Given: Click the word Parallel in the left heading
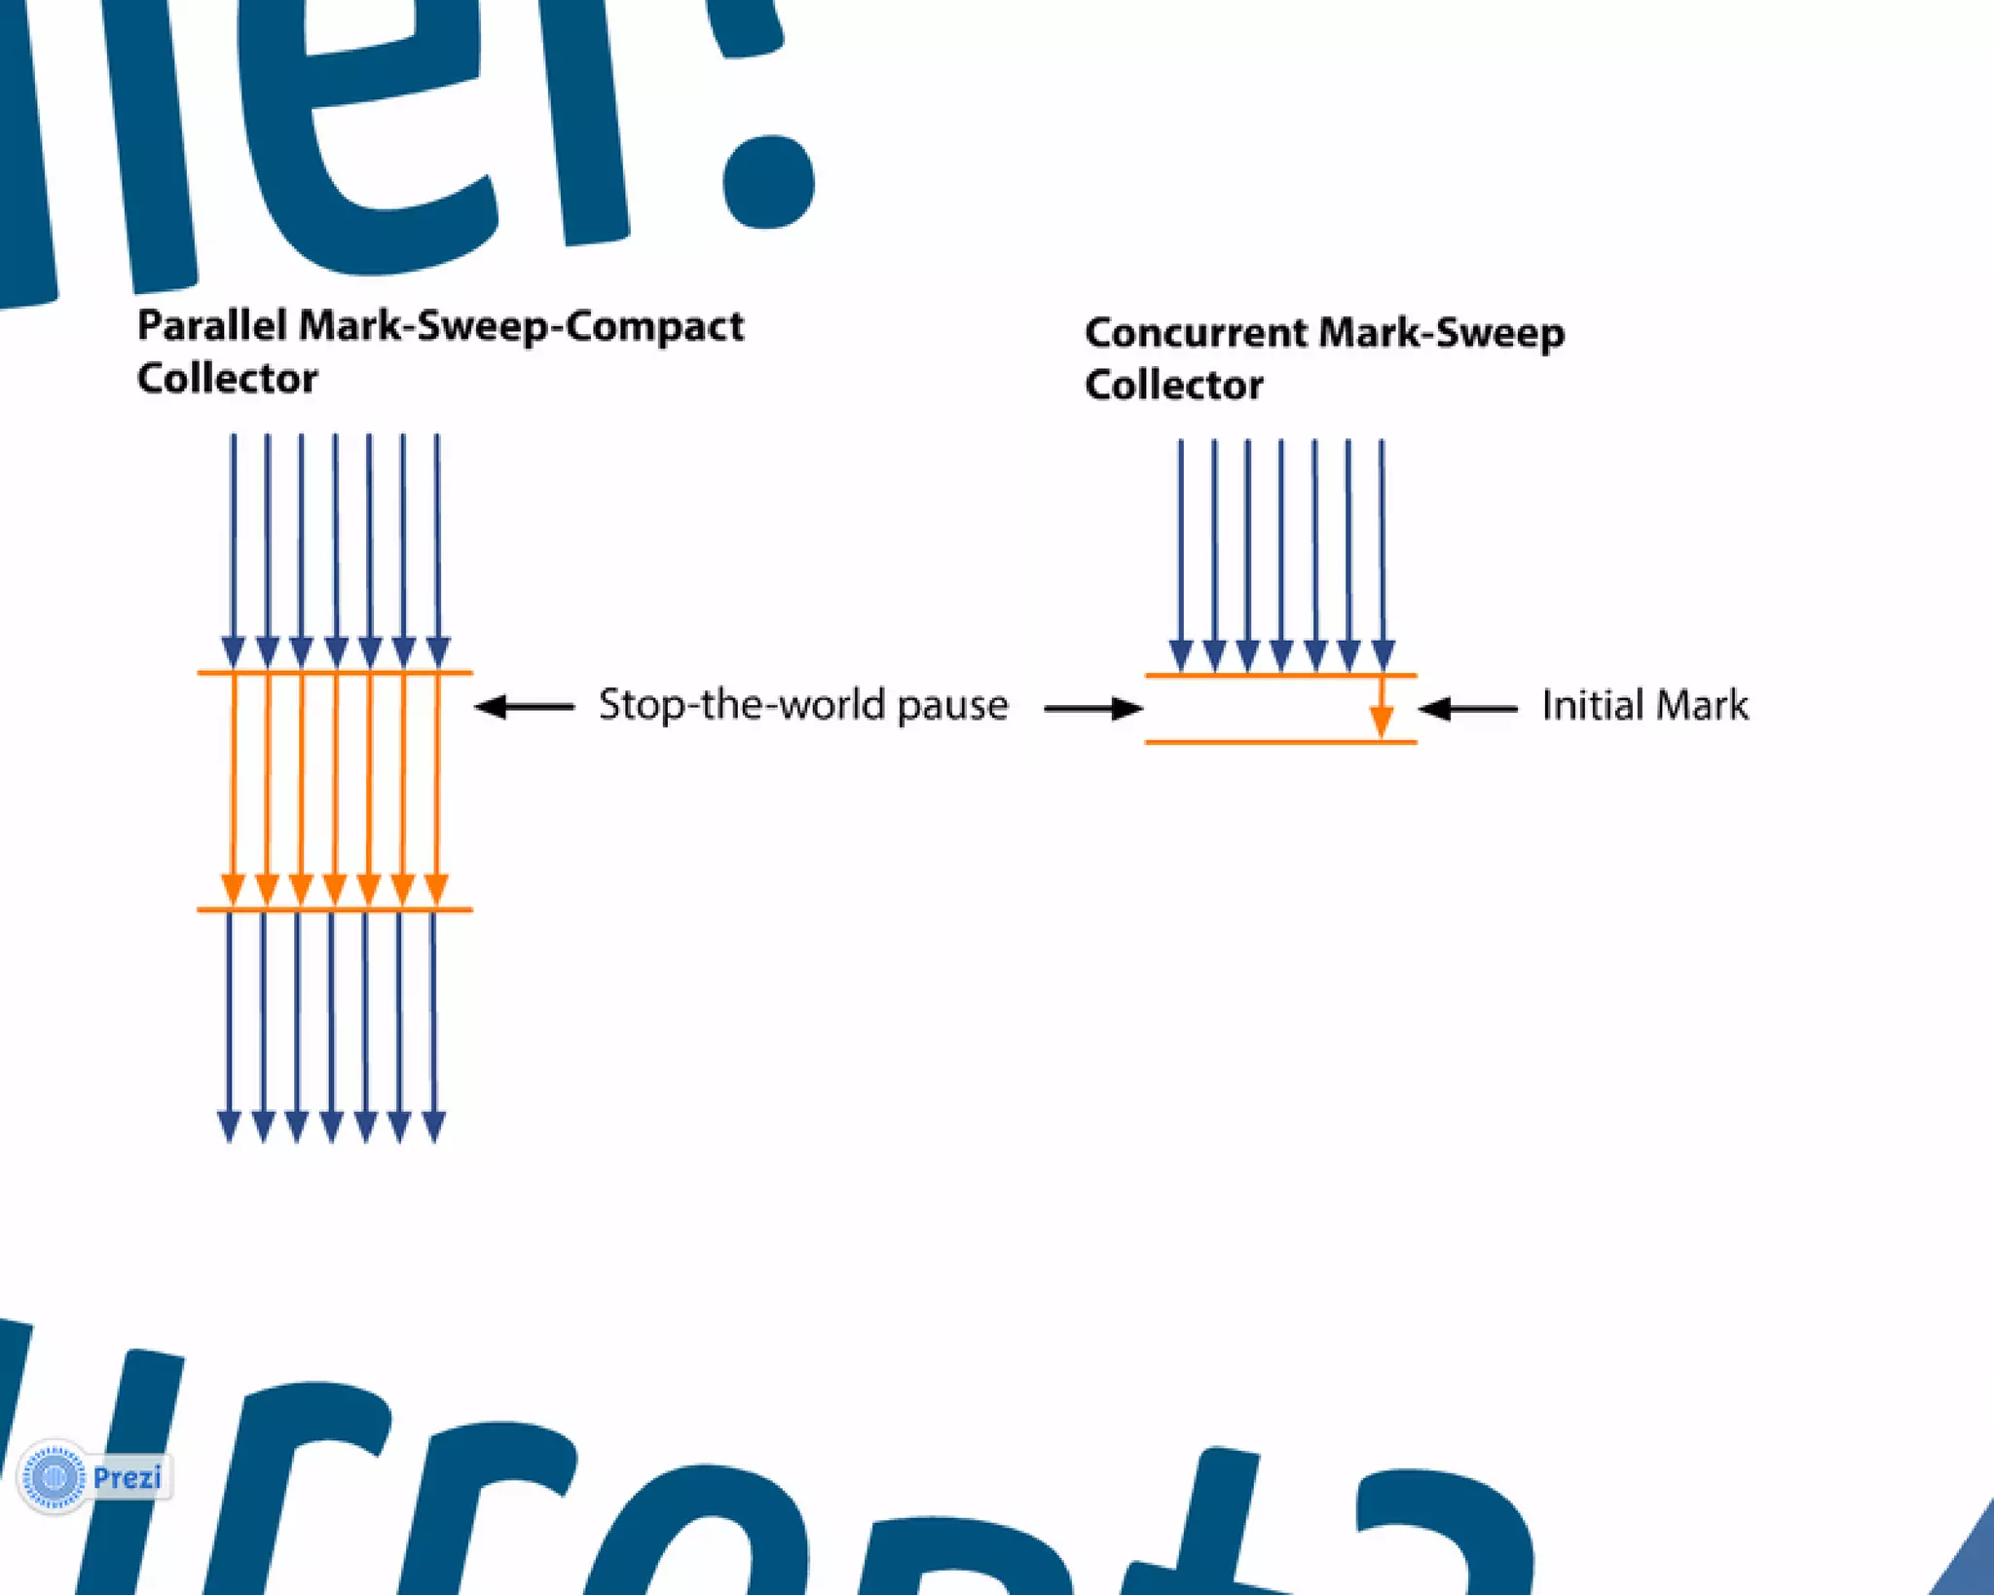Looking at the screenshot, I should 211,326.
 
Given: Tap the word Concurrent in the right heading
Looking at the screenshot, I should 1196,334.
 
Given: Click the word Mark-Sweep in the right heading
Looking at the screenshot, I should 1441,334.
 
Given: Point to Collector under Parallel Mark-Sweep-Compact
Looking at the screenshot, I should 227,379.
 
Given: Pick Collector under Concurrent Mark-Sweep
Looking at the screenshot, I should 1174,386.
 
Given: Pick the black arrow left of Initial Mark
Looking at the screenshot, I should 1467,709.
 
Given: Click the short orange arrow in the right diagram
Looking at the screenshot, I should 1381,709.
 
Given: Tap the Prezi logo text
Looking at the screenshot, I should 127,1478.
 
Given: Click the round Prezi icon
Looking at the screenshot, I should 55,1477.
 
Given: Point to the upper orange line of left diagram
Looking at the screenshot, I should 334,672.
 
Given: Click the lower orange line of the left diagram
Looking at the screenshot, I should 334,909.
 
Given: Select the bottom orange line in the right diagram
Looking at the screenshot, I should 1280,742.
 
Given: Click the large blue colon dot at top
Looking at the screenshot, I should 768,180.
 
